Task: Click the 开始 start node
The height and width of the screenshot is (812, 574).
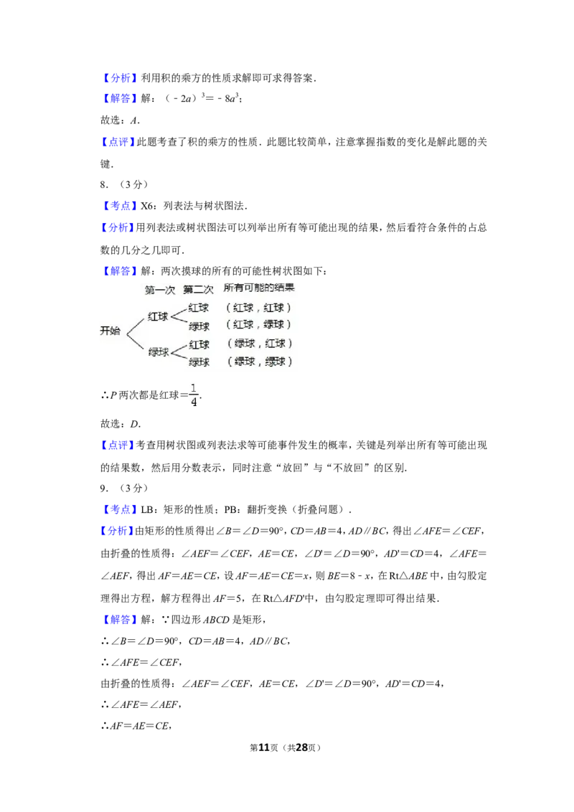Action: (x=110, y=331)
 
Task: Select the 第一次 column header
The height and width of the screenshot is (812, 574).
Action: (x=160, y=290)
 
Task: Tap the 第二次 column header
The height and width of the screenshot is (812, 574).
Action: (x=199, y=290)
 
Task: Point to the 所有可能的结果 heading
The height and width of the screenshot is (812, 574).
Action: (x=259, y=288)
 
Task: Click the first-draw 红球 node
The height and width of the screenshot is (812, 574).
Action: (x=158, y=316)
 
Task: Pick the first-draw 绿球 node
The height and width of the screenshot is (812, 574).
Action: (x=158, y=352)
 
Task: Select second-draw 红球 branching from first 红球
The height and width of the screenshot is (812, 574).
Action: (x=199, y=308)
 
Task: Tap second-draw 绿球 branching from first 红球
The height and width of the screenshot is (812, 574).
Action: (x=199, y=326)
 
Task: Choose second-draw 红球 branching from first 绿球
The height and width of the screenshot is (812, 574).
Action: (x=199, y=344)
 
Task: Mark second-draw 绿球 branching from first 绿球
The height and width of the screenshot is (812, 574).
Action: (x=199, y=362)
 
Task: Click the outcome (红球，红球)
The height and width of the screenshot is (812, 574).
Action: (x=259, y=308)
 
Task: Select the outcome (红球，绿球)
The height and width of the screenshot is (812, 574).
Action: (x=259, y=325)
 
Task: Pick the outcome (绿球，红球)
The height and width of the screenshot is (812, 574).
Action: (x=259, y=344)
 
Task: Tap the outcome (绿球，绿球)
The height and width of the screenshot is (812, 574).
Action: (x=259, y=362)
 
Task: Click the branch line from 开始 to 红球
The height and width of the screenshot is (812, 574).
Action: (x=136, y=322)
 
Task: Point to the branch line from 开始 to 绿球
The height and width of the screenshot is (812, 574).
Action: (x=136, y=341)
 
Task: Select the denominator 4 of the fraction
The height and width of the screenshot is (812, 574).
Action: (x=193, y=402)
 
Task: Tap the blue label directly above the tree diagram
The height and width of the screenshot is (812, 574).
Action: (x=120, y=271)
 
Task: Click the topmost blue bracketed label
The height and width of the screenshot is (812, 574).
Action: (x=120, y=77)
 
